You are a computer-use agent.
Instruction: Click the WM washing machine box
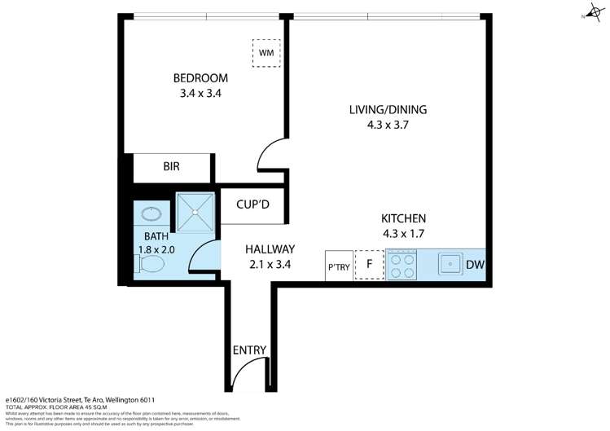(x=266, y=53)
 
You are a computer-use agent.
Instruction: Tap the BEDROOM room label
(x=200, y=78)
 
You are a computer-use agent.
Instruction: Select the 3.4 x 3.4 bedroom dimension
(x=200, y=94)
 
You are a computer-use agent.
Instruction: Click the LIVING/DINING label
(x=388, y=110)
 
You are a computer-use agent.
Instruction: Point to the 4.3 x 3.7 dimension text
(x=388, y=125)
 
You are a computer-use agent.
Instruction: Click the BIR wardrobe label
(x=171, y=166)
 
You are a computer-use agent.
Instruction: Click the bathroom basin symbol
(x=151, y=214)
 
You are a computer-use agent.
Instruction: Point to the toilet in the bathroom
(x=151, y=264)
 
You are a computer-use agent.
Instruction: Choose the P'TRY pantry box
(x=339, y=266)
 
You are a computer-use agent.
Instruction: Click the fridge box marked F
(x=369, y=265)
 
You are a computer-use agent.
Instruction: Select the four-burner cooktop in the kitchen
(x=402, y=265)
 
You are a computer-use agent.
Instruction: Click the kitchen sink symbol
(x=449, y=265)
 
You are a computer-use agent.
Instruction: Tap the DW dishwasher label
(x=475, y=265)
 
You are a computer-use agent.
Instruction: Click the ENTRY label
(x=249, y=350)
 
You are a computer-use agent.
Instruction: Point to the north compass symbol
(x=591, y=11)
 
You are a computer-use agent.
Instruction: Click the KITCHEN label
(x=405, y=218)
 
